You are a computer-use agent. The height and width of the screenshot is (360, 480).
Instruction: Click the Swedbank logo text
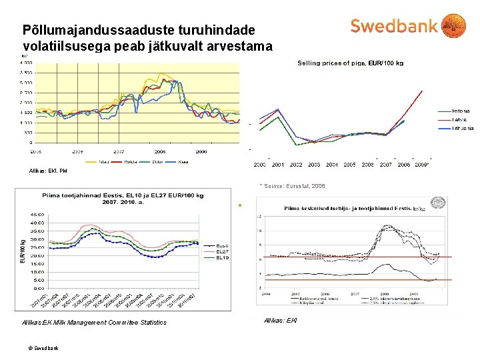click(x=393, y=26)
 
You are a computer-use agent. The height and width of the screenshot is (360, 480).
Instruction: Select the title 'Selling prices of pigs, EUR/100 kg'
click(x=349, y=63)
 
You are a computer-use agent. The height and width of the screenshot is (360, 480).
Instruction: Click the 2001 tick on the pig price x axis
click(x=277, y=164)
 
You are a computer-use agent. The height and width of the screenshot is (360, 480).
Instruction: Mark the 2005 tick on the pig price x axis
click(x=349, y=164)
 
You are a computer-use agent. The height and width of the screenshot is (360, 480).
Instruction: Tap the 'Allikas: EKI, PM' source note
click(x=48, y=171)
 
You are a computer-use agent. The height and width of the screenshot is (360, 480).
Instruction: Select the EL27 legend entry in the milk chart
click(x=222, y=251)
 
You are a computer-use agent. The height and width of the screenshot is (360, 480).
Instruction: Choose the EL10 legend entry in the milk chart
click(x=222, y=257)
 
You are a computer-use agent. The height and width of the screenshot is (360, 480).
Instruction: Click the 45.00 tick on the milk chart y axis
click(x=37, y=213)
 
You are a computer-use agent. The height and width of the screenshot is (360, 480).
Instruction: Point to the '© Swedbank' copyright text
click(x=44, y=348)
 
